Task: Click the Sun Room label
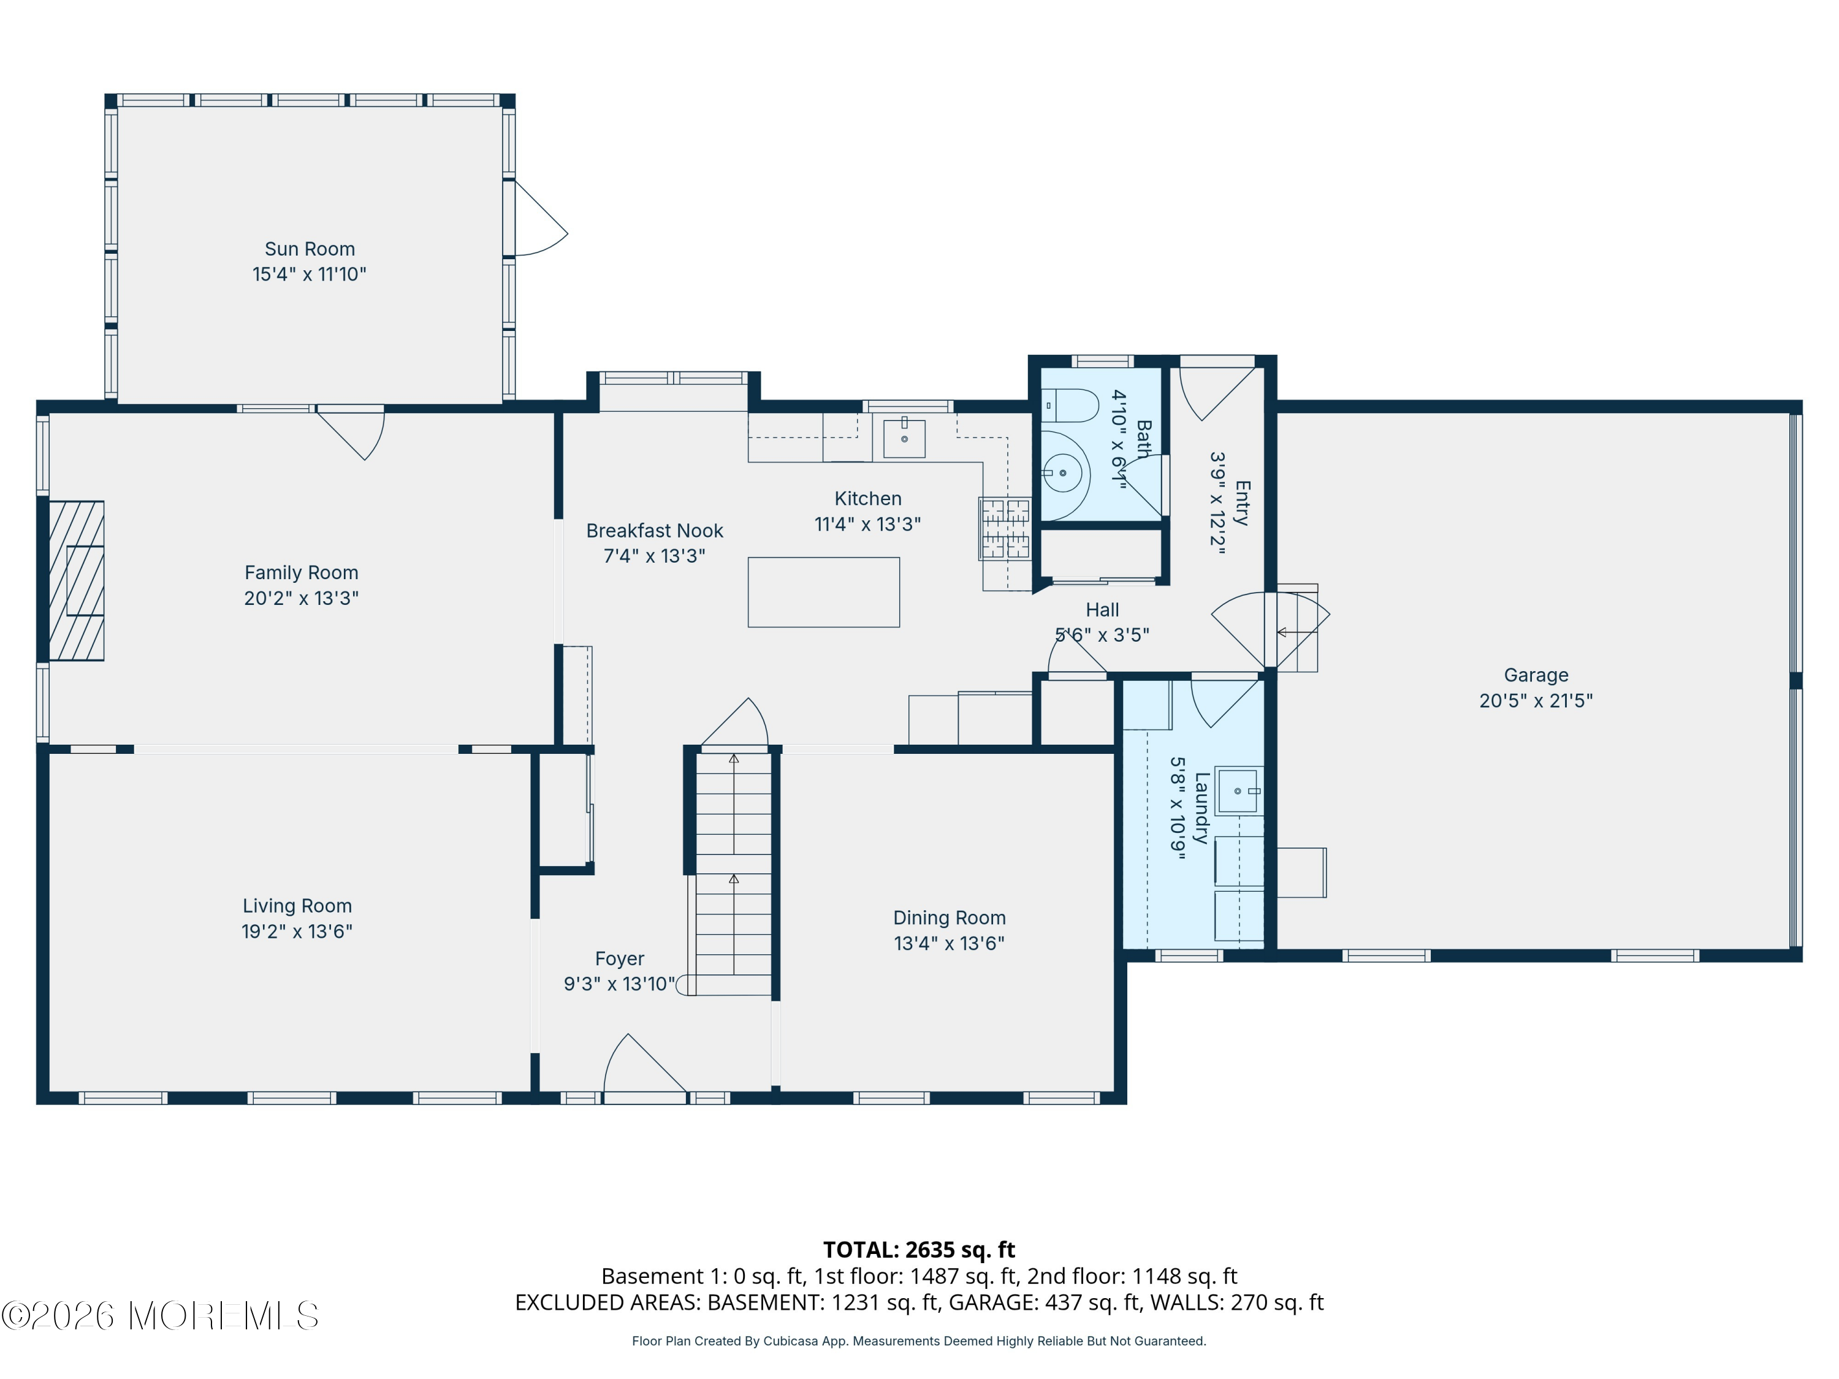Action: tap(310, 249)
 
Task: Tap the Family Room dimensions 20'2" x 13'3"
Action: tap(301, 598)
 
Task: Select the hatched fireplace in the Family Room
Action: tap(77, 580)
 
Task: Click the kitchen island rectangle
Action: tap(823, 592)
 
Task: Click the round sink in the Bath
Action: tap(1064, 474)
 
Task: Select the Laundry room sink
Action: tap(1239, 791)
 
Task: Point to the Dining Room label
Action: tap(950, 917)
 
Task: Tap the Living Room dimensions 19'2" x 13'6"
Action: tap(297, 932)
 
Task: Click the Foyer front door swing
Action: tap(645, 1067)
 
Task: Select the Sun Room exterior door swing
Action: tap(541, 218)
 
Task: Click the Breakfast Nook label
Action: tap(654, 530)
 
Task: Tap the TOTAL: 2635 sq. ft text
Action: tap(919, 1250)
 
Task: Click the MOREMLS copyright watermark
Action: tap(159, 1316)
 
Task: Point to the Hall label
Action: tap(1102, 610)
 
